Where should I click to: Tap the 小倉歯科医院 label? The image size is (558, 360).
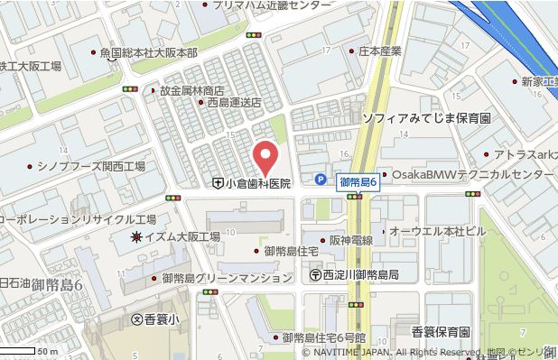coord(258,183)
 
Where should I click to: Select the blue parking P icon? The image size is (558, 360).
coord(321,179)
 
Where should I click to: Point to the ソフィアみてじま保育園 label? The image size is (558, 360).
coord(425,118)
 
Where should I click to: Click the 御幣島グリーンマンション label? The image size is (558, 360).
coord(227,279)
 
